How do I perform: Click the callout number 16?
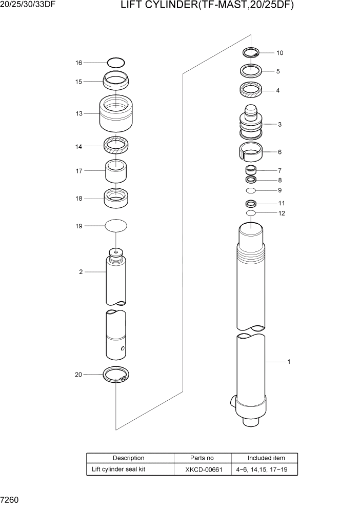(x=78, y=63)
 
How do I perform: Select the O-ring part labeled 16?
(x=116, y=63)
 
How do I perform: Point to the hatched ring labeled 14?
(x=116, y=146)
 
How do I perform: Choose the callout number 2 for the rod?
(x=81, y=272)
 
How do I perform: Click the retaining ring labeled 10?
(x=251, y=52)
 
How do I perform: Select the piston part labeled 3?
(x=251, y=125)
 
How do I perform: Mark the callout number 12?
(x=282, y=213)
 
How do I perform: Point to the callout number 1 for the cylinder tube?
(x=289, y=362)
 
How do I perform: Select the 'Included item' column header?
(x=266, y=458)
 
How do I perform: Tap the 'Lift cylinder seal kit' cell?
(x=118, y=469)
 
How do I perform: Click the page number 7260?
(x=10, y=499)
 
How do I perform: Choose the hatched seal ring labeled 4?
(x=251, y=90)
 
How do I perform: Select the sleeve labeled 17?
(x=116, y=171)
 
